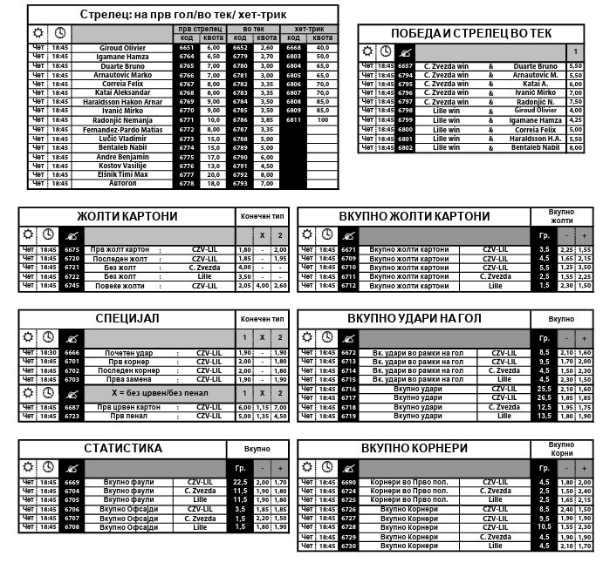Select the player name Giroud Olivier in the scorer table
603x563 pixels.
coord(122,47)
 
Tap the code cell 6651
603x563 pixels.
coord(187,47)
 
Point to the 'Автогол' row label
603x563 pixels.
coord(122,184)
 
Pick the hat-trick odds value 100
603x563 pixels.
coord(323,120)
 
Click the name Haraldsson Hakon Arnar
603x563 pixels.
coord(122,102)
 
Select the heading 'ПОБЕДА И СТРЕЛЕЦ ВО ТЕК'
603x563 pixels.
coord(471,33)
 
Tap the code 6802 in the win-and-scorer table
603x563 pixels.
coord(405,147)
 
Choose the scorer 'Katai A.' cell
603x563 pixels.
coord(535,84)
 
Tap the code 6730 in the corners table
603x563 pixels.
coord(350,546)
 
